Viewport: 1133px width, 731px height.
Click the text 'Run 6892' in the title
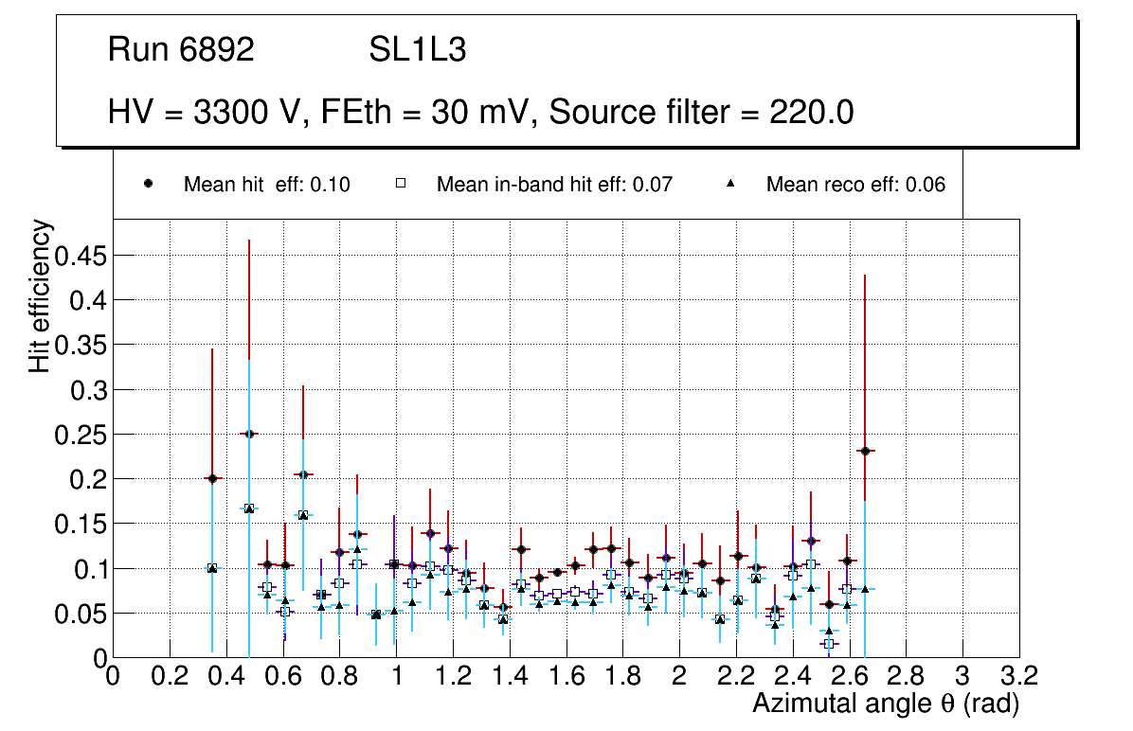181,50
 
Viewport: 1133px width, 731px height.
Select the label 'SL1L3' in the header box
417,50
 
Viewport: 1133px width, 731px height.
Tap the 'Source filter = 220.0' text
701,113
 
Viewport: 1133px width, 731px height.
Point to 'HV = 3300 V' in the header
203,113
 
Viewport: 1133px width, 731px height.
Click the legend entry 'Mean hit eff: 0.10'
266,185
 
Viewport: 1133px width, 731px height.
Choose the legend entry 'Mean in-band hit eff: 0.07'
554,185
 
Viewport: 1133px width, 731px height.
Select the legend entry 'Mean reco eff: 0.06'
855,185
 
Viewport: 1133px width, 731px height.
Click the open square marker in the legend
401,185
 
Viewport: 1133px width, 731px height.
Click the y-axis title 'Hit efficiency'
40,295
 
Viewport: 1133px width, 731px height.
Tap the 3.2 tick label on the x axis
1019,677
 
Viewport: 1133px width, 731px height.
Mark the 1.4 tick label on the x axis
510,677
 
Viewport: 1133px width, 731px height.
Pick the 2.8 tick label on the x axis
906,677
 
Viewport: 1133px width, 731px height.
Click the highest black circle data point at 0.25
249,434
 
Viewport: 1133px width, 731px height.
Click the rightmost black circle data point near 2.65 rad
864,451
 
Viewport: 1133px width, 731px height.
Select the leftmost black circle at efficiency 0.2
212,478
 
